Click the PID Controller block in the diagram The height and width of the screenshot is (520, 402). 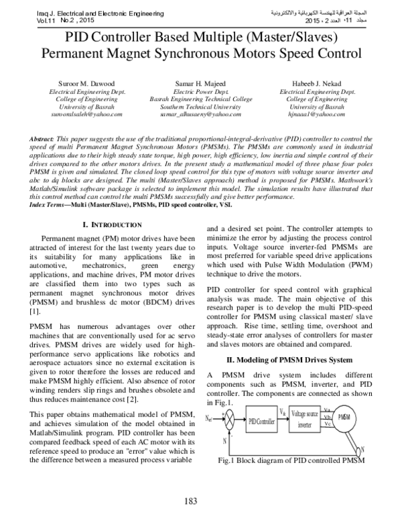(262, 421)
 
